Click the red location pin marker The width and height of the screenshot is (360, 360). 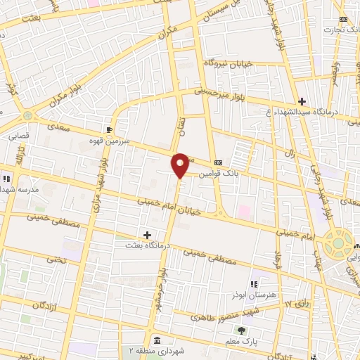(x=180, y=165)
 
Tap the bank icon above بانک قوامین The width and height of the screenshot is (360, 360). (x=218, y=161)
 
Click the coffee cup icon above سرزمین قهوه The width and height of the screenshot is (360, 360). (x=109, y=129)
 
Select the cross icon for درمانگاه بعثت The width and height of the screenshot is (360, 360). (x=147, y=234)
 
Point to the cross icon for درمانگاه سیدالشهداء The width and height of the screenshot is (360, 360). (x=302, y=101)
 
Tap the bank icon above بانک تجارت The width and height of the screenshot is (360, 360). (x=342, y=19)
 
